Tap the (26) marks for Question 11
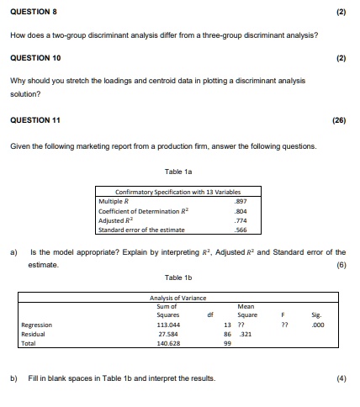pyautogui.click(x=339, y=120)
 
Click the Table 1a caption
pyautogui.click(x=178, y=171)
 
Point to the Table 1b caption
pyautogui.click(x=178, y=277)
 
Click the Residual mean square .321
pyautogui.click(x=246, y=334)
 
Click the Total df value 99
pyautogui.click(x=228, y=343)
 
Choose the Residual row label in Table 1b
pyautogui.click(x=35, y=334)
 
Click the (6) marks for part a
pyautogui.click(x=340, y=263)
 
